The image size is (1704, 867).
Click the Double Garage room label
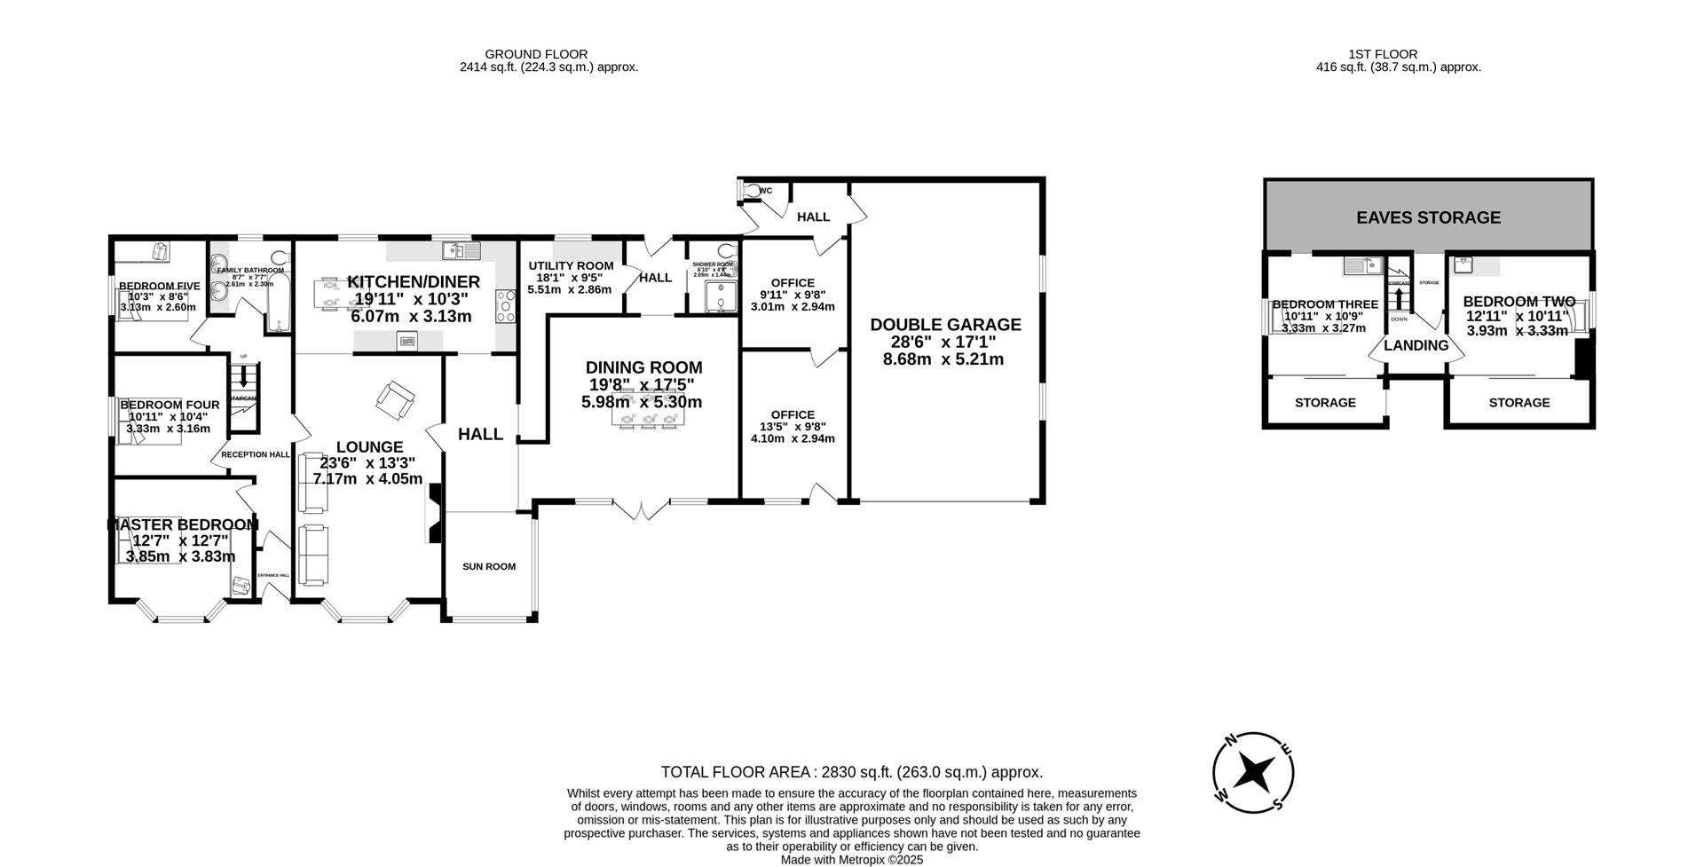(945, 325)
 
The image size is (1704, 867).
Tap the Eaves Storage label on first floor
(1428, 217)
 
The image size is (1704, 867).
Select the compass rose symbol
(1253, 771)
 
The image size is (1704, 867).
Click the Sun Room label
(488, 566)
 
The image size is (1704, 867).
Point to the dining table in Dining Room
(649, 419)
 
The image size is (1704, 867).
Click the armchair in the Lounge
(394, 400)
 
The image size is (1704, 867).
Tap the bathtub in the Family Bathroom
(278, 303)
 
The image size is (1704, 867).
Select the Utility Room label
(571, 265)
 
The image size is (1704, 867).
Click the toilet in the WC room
(753, 190)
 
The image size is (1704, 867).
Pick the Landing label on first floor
(1416, 345)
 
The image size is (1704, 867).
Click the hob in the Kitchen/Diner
(506, 307)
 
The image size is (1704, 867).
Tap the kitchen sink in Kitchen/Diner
(462, 251)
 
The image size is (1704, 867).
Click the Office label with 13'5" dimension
(793, 414)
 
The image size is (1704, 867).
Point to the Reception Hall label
(255, 454)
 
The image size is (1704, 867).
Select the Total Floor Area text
(851, 772)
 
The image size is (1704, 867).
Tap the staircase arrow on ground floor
(242, 375)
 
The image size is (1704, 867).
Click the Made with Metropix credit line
(851, 860)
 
